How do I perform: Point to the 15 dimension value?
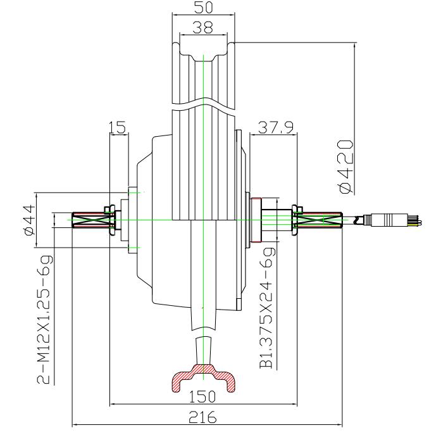tap(118, 127)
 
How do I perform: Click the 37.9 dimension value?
tap(275, 127)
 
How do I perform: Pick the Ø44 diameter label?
tap(27, 218)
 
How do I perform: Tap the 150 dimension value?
tap(203, 396)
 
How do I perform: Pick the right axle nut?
tap(295, 220)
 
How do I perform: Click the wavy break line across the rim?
tap(203, 104)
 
